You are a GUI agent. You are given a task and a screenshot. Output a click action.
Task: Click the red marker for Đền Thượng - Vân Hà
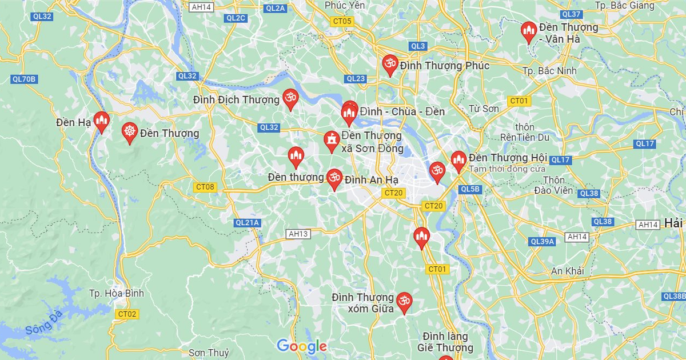pos(529,31)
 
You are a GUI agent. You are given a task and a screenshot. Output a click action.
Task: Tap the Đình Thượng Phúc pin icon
pos(390,65)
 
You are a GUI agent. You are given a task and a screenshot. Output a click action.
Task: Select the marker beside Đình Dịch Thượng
pos(290,99)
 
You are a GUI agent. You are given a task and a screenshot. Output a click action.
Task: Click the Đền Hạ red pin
pos(102,121)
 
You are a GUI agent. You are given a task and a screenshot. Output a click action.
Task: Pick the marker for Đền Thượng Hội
pos(458,161)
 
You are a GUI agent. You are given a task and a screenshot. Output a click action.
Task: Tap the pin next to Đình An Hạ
pos(334,179)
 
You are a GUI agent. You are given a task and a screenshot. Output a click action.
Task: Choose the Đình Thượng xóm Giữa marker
pos(404,302)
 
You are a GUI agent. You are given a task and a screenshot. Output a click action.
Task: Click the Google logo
pos(301,346)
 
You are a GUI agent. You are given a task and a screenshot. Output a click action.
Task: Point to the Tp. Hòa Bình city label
pos(117,293)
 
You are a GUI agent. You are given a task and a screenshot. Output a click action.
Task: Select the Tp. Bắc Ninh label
pos(549,70)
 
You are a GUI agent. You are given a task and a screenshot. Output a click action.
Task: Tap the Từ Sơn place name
pos(484,109)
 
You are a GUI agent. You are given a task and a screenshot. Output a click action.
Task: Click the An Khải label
pos(567,271)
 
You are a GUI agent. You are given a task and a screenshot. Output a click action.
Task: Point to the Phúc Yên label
pos(345,5)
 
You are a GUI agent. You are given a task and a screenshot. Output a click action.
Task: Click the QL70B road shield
pos(24,79)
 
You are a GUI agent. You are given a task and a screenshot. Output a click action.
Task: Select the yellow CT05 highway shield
pos(342,22)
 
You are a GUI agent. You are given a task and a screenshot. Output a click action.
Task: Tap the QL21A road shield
pos(248,222)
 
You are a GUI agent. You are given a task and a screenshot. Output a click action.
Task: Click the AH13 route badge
pos(298,234)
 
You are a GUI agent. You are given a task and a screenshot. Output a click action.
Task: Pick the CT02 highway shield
pos(126,314)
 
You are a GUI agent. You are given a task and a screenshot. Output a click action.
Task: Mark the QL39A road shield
pos(543,242)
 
